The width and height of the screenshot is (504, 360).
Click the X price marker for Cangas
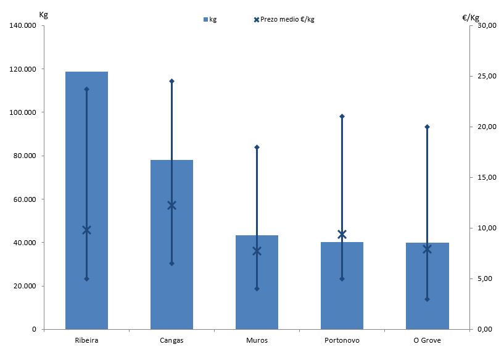[x=171, y=205]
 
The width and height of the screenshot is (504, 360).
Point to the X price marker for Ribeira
[x=86, y=230]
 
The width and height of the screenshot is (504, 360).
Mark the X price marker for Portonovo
[x=342, y=234]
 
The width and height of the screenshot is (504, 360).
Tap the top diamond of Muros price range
[x=257, y=147]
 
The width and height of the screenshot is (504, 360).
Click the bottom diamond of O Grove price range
[x=427, y=299]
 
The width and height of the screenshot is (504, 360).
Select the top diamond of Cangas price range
[x=171, y=81]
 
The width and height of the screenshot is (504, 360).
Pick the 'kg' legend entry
[x=210, y=20]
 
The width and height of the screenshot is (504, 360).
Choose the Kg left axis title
[x=43, y=14]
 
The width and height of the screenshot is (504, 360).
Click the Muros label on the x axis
[x=257, y=340]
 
